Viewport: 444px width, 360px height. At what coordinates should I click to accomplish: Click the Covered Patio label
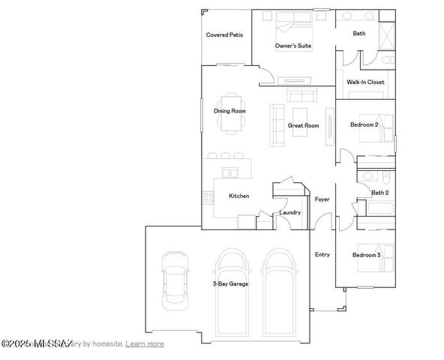(224, 34)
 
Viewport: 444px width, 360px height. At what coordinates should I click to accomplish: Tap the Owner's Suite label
(292, 46)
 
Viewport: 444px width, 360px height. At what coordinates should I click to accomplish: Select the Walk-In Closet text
(365, 82)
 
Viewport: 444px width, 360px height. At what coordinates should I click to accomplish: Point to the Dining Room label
(229, 111)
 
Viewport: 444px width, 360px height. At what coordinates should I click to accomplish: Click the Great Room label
(304, 125)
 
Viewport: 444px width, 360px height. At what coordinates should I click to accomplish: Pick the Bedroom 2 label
(364, 124)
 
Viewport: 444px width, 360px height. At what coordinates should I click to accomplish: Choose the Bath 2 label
(380, 193)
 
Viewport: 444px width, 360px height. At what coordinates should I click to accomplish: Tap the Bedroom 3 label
(367, 255)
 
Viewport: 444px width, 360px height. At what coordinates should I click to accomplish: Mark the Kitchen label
(238, 196)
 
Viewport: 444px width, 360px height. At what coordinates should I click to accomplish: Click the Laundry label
(289, 212)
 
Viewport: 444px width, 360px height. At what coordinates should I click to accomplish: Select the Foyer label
(322, 199)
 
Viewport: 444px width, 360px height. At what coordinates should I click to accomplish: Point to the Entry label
(322, 254)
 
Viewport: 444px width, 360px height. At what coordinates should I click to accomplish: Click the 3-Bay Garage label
(229, 284)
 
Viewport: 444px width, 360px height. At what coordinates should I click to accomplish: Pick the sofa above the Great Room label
(301, 95)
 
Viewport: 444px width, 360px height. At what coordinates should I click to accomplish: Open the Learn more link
(145, 343)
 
